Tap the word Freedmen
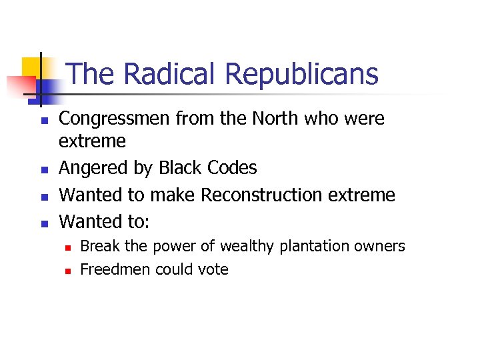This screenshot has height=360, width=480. click(x=115, y=269)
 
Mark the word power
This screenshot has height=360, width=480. click(x=172, y=246)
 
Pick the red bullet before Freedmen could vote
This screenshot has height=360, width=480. click(x=67, y=271)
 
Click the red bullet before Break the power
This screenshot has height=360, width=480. click(x=67, y=247)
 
